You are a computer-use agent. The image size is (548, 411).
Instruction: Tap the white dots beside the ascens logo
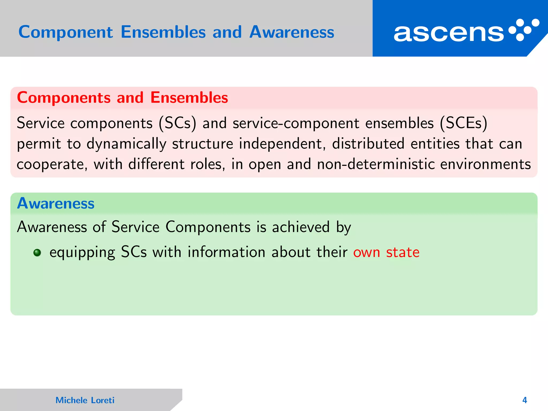coord(524,30)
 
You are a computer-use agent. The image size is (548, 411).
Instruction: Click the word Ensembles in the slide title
coord(163,32)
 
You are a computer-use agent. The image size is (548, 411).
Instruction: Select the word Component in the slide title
coord(66,32)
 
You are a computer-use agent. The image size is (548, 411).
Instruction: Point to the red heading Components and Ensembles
coord(122,97)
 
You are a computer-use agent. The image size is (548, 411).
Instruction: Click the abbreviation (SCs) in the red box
coord(177,123)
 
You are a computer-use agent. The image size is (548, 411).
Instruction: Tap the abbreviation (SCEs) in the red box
coord(463,123)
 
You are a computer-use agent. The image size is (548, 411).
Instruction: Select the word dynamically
coord(126,144)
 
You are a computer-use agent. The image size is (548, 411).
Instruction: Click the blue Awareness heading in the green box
coord(56,203)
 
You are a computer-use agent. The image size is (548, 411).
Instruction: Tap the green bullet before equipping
coord(37,253)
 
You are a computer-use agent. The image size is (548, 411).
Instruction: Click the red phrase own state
coord(386,252)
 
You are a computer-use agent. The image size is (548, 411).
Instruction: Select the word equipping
coord(82,252)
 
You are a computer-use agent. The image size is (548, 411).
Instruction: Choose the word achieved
coord(301,227)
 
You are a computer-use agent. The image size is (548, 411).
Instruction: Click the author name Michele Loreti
coord(85,400)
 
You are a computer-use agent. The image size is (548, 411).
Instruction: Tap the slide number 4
coord(524,400)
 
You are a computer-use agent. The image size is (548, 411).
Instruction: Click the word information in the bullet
coord(226,252)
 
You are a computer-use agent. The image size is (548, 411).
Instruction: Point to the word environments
coord(485,164)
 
